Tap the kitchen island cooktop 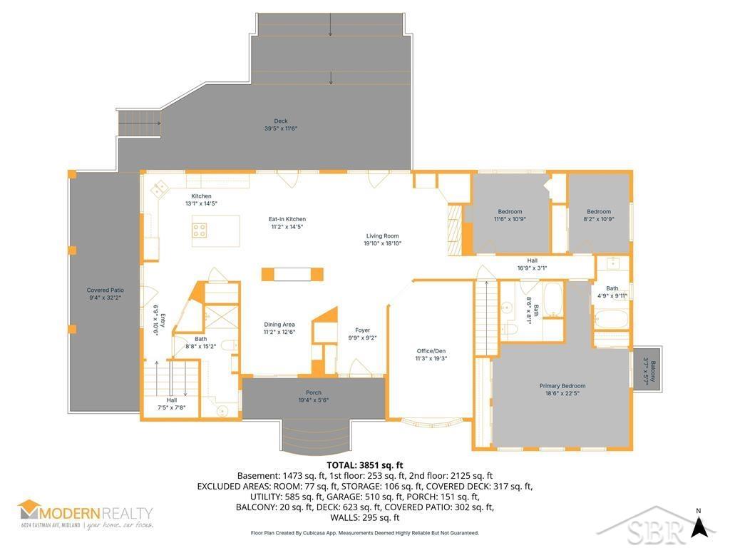[200, 230]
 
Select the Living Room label [382, 239]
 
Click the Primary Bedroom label [562, 390]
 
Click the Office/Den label [431, 355]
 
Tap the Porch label [313, 397]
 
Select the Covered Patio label [106, 294]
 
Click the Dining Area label [279, 328]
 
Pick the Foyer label [363, 334]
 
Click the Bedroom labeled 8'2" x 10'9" [599, 215]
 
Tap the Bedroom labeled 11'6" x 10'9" [510, 215]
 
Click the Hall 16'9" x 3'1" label [532, 265]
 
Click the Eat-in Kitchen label [287, 223]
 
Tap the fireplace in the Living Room [454, 229]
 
